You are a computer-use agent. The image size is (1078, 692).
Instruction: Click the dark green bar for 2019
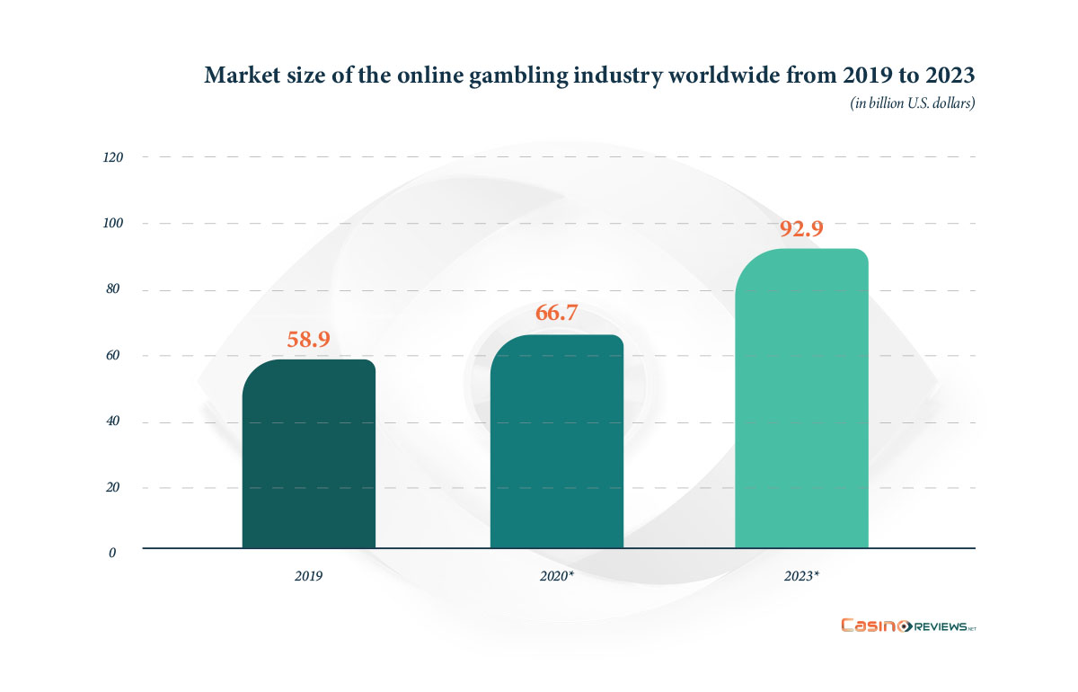click(x=308, y=454)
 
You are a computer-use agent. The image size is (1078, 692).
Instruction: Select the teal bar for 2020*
click(x=556, y=441)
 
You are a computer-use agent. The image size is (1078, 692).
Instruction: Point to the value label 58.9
click(x=308, y=340)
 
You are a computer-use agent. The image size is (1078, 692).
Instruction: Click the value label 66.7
click(x=556, y=314)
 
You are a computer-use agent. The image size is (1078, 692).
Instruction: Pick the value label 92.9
click(x=801, y=228)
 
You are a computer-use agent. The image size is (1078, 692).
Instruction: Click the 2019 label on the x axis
click(x=308, y=573)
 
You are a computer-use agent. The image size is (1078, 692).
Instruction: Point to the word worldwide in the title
click(x=731, y=75)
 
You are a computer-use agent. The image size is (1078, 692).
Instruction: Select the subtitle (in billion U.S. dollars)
click(x=913, y=103)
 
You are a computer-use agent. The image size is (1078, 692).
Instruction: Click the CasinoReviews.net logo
click(x=907, y=625)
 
